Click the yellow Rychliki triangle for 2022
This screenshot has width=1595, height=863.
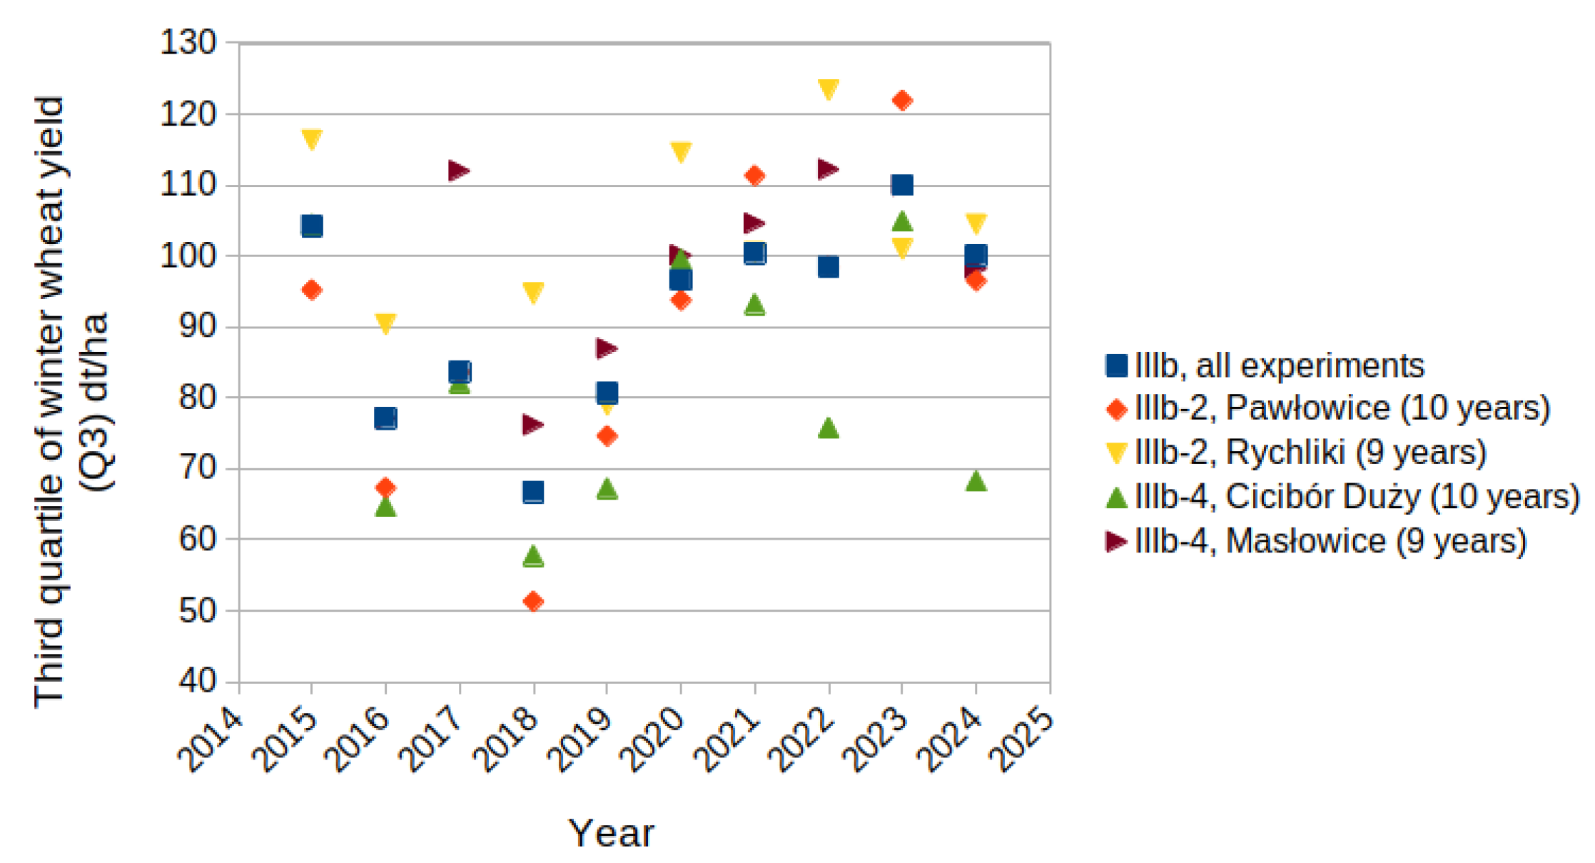pos(828,89)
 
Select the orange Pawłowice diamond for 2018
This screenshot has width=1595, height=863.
pos(533,601)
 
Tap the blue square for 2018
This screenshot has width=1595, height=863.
pos(533,492)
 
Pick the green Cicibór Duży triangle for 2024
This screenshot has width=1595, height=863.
pos(976,481)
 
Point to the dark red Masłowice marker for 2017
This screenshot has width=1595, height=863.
pos(459,171)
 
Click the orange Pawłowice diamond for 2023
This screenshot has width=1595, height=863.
pos(902,101)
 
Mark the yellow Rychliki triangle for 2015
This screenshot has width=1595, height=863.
pos(312,138)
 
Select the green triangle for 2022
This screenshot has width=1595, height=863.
pos(828,428)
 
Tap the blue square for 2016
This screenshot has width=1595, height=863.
pos(385,418)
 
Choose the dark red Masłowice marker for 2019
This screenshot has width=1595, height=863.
pos(607,348)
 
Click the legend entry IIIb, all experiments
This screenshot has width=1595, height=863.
pos(1264,365)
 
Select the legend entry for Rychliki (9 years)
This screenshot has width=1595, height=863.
pos(1295,453)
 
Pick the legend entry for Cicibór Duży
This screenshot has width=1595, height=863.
pos(1342,497)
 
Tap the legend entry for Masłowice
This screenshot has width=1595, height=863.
pos(1315,541)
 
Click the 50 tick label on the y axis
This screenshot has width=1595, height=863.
pos(197,610)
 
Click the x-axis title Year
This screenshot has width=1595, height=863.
pos(611,833)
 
